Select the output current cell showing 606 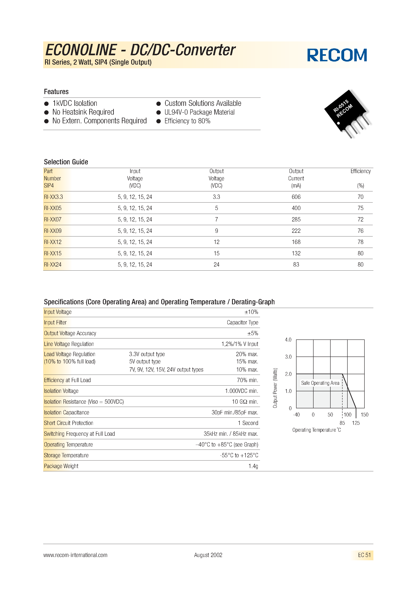(296, 197)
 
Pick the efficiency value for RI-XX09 (360, 231)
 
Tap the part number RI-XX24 (53, 265)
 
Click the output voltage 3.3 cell (216, 197)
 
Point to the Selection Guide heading (66, 162)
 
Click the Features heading (56, 92)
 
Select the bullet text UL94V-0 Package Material (199, 112)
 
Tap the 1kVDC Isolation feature (75, 103)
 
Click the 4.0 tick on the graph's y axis (288, 340)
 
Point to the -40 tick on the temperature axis (296, 415)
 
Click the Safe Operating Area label (320, 383)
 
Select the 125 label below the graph (356, 423)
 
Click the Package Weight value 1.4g (253, 466)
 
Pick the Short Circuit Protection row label (69, 423)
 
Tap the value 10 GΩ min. (245, 402)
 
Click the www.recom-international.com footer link (75, 555)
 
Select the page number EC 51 (364, 555)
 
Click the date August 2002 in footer (208, 555)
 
